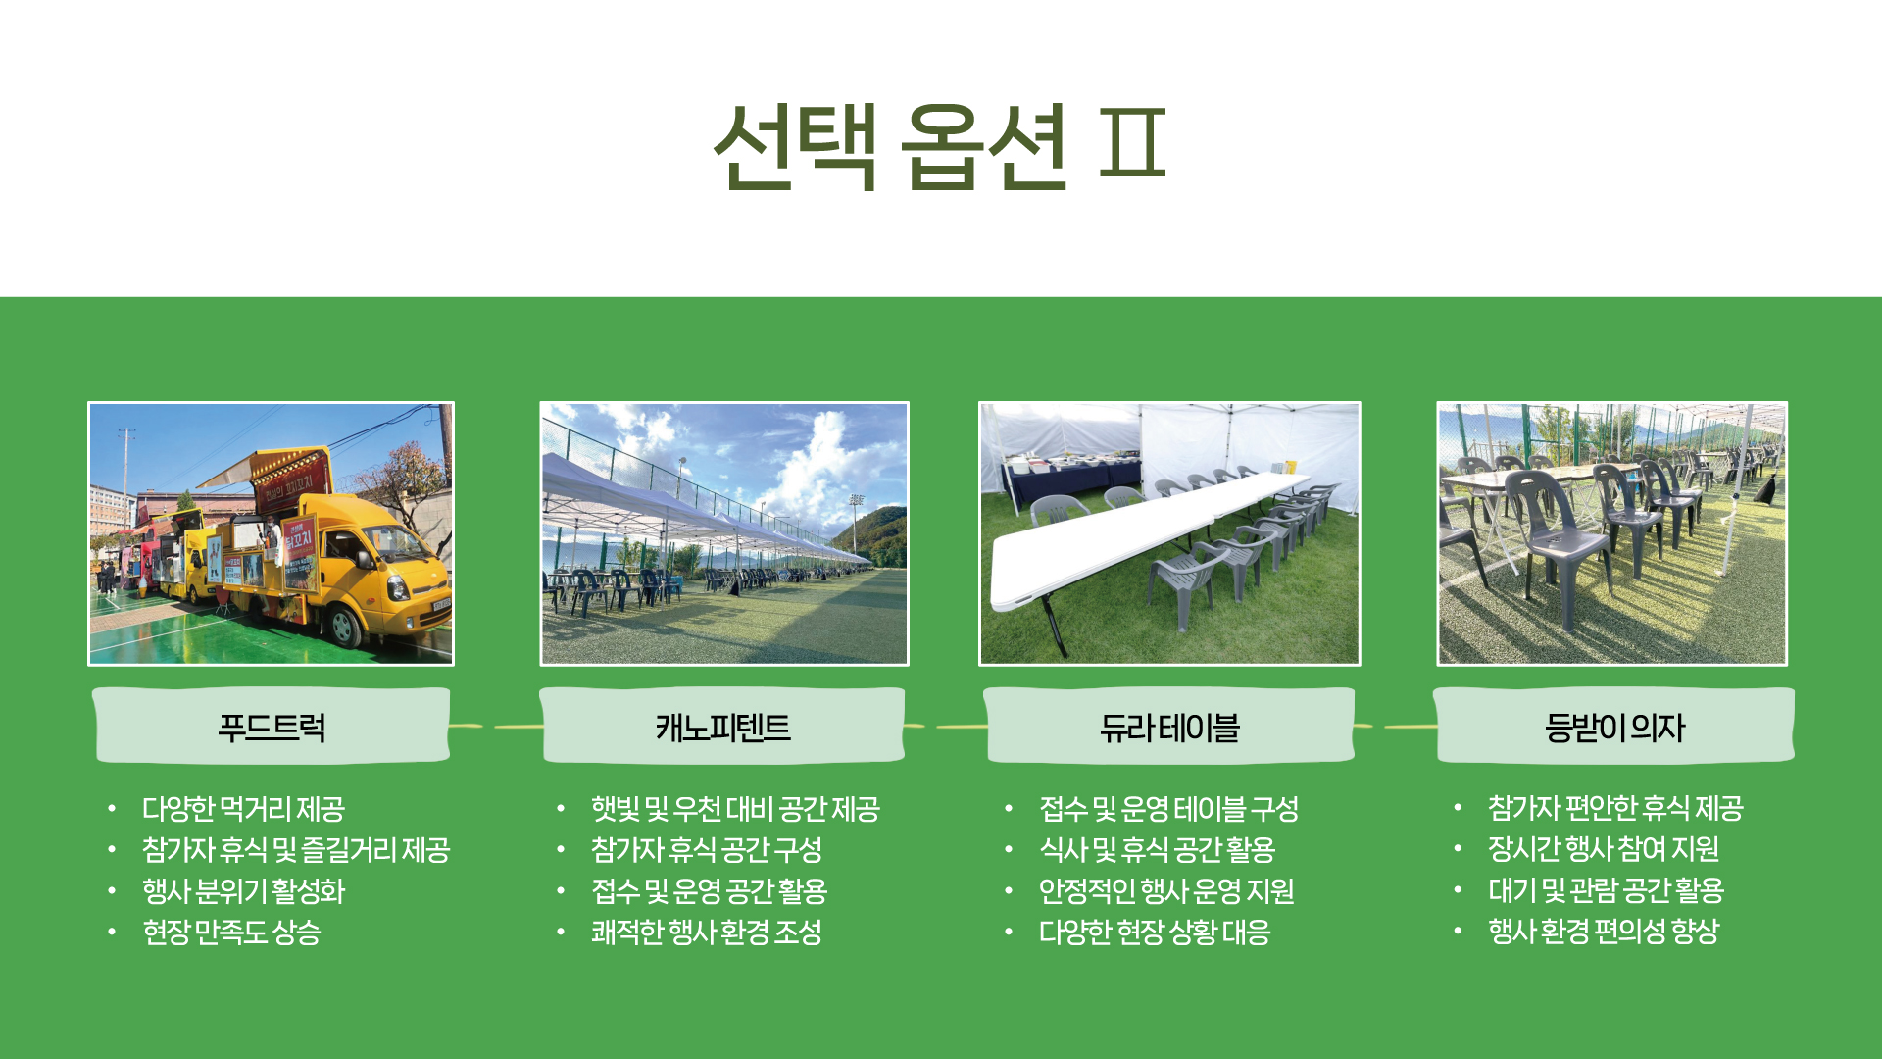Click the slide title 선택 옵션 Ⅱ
(940, 145)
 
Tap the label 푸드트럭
(272, 728)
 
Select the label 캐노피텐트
(723, 728)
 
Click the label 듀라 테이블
(1169, 728)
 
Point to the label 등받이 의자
(1614, 728)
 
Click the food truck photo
(272, 533)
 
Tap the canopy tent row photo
(724, 533)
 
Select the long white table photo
(1169, 533)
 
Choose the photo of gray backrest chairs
(1611, 533)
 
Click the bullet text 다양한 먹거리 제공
(243, 809)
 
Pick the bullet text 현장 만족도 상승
(231, 932)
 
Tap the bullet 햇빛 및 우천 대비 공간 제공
(735, 809)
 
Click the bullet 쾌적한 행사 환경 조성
(707, 932)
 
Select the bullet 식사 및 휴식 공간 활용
(1158, 850)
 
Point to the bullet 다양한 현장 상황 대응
(1155, 932)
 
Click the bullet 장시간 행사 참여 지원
(1604, 849)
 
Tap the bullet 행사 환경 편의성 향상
(1604, 931)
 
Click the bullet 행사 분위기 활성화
(244, 891)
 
